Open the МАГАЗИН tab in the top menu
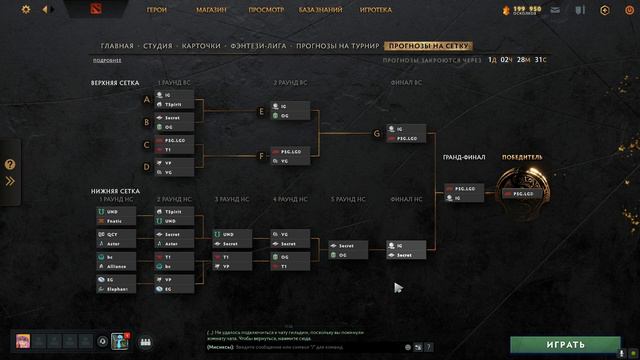click(x=212, y=10)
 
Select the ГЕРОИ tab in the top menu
click(x=157, y=10)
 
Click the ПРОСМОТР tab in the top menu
click(x=265, y=10)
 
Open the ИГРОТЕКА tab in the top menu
click(x=375, y=10)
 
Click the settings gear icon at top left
click(x=26, y=10)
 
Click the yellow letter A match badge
click(x=147, y=100)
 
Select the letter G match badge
click(x=377, y=132)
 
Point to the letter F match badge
click(x=261, y=156)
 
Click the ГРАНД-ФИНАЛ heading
click(x=464, y=158)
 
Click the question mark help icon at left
click(x=10, y=165)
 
